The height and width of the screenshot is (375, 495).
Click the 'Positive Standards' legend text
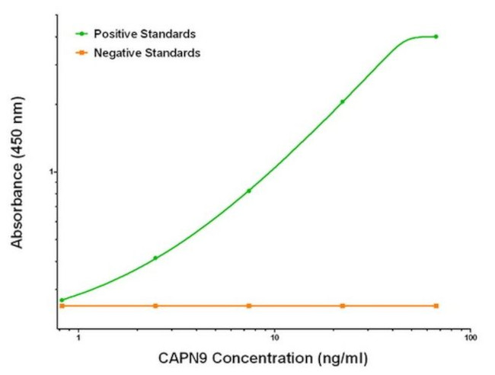tap(145, 34)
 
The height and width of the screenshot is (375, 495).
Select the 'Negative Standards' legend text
tap(146, 53)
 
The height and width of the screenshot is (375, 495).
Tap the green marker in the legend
tap(79, 34)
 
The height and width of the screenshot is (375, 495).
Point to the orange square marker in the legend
tap(79, 53)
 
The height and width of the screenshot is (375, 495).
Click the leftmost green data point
tap(62, 300)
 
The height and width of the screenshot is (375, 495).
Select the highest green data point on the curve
tap(436, 37)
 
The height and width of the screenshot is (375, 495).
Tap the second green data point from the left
tap(155, 258)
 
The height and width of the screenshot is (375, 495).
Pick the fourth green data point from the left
tap(343, 101)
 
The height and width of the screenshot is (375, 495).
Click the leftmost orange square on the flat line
tap(62, 306)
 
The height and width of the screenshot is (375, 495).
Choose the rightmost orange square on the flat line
tap(436, 306)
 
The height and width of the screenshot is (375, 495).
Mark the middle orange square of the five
tap(249, 306)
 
